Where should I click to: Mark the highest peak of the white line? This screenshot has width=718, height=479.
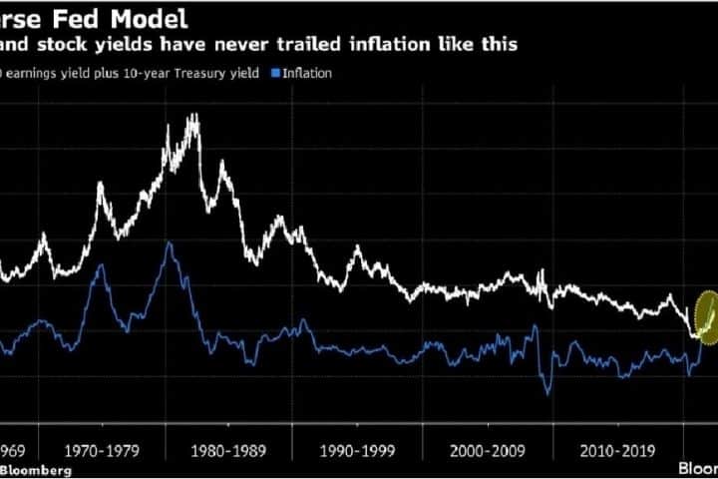click(191, 117)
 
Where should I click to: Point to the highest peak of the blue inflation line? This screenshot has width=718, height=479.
click(171, 242)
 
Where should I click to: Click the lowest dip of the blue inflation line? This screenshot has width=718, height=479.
click(546, 392)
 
